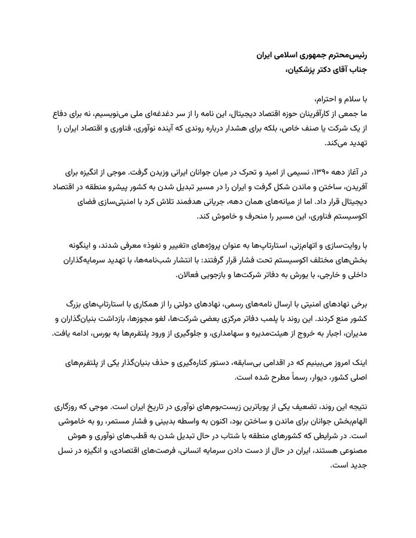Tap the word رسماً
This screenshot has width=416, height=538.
click(268, 378)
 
